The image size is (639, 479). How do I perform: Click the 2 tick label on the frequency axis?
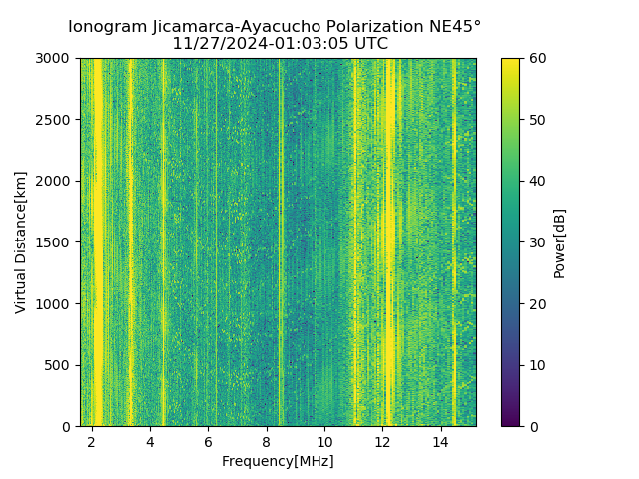(92, 442)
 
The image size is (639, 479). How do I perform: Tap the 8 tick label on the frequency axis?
(267, 442)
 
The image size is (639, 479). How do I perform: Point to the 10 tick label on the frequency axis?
(324, 442)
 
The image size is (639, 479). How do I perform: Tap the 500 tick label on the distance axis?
(59, 365)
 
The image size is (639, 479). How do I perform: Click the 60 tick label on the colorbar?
(536, 59)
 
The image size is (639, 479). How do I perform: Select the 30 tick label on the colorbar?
(536, 242)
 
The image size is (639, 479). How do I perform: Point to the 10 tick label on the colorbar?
(536, 365)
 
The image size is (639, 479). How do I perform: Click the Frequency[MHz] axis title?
(278, 461)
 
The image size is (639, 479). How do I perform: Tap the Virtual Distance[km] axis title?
(21, 242)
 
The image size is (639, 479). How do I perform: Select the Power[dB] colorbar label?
(560, 242)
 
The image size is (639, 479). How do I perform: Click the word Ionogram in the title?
(107, 26)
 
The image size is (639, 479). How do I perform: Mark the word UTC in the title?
(369, 44)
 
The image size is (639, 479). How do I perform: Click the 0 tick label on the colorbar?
(532, 426)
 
